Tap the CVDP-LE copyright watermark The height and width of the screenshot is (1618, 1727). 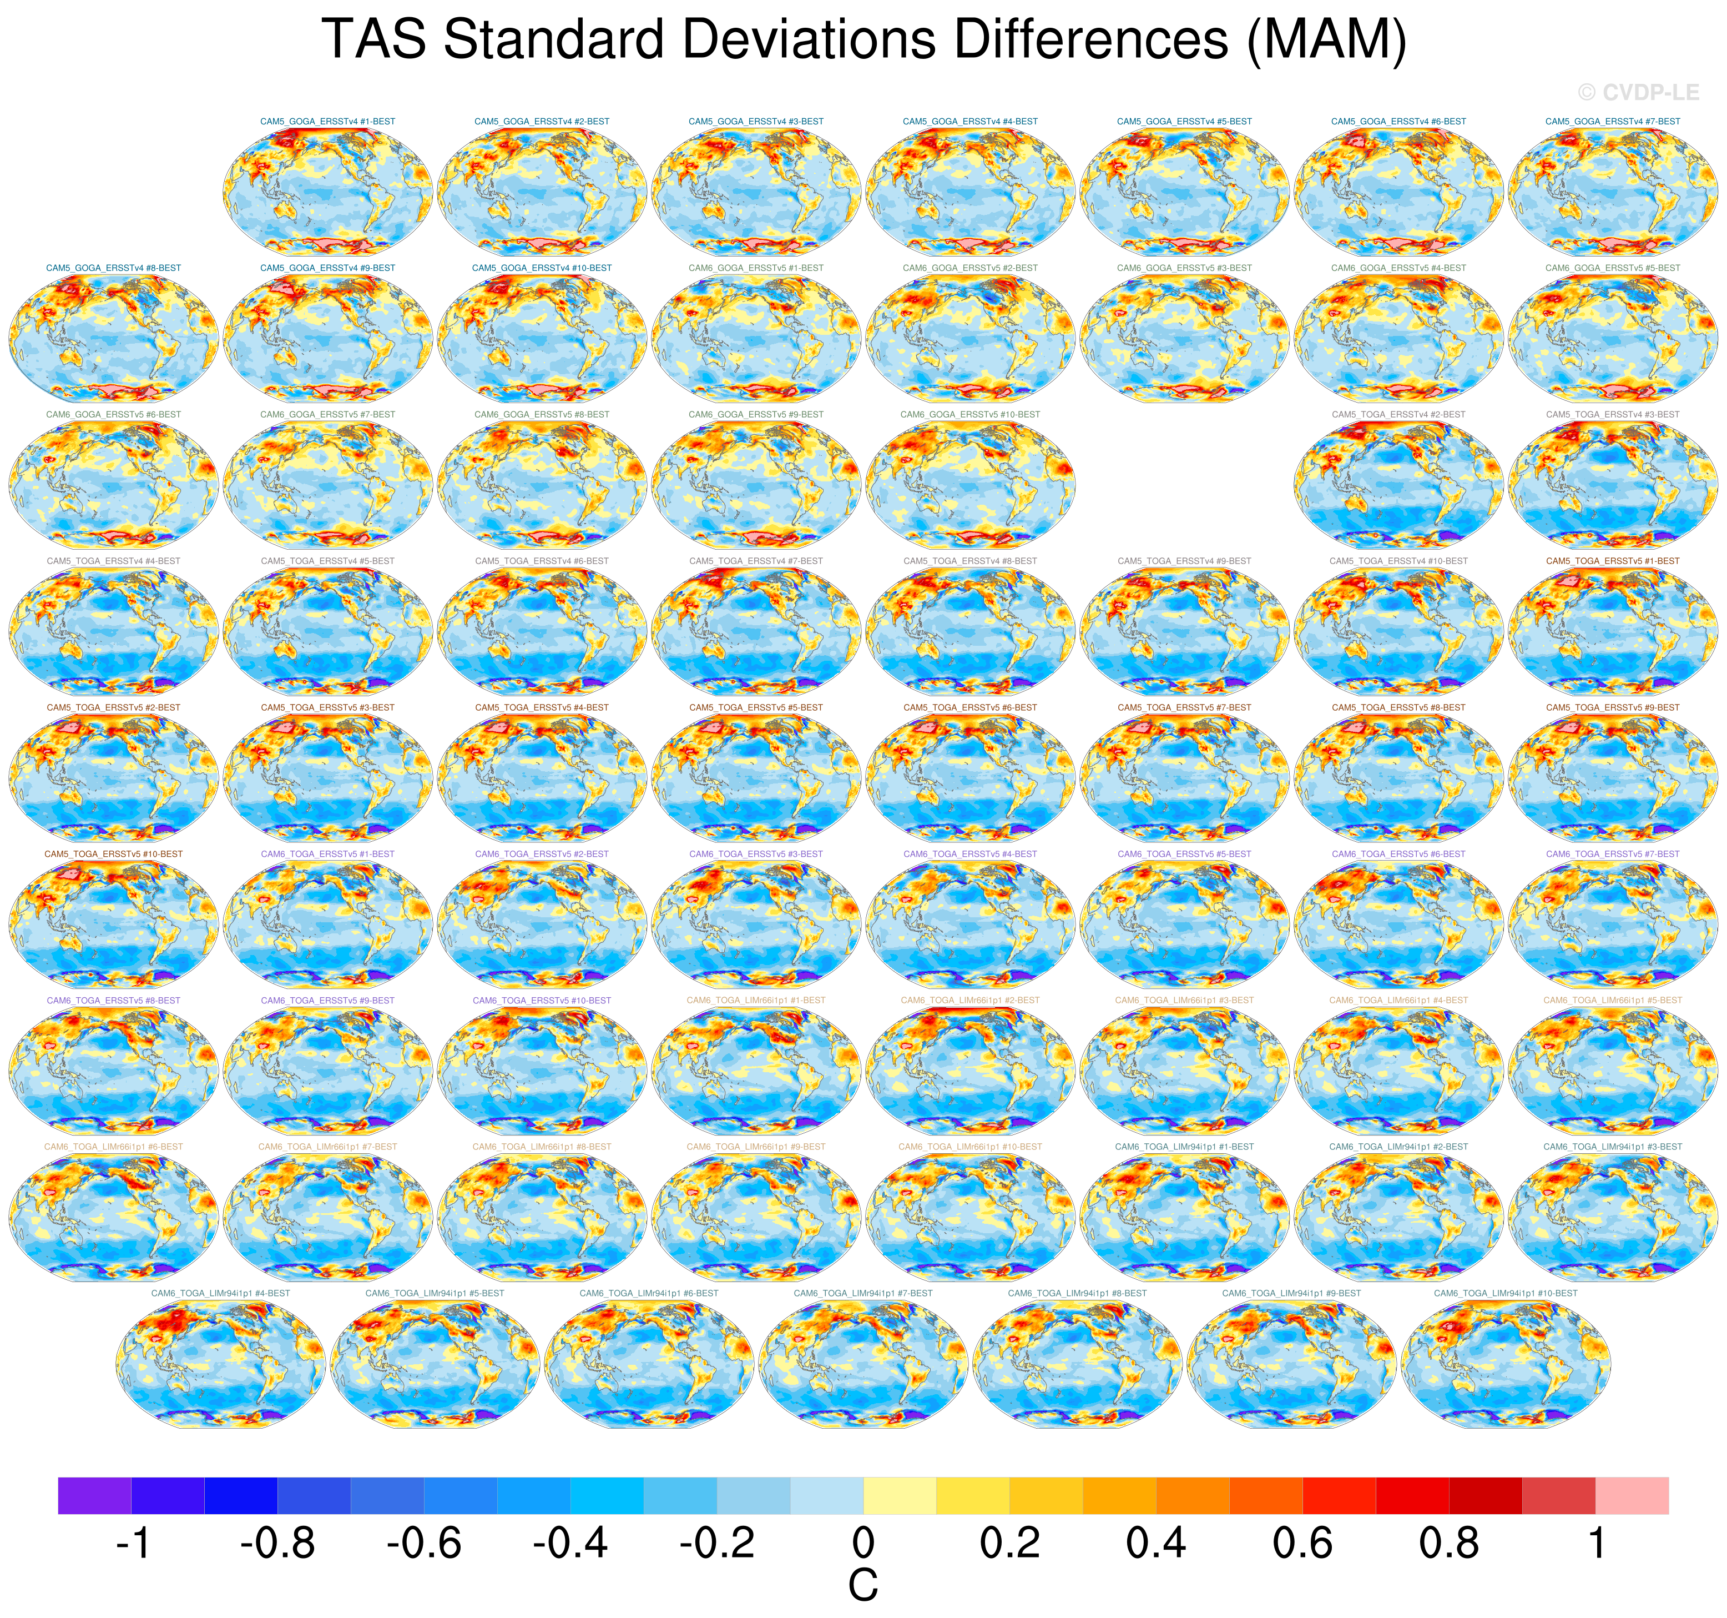coord(1638,92)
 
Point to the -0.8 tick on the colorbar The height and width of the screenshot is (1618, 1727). coord(278,1543)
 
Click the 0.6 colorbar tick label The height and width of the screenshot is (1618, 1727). coord(1302,1543)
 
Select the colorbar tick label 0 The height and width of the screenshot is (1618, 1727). coord(862,1543)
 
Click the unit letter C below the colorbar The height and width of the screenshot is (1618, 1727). coord(862,1586)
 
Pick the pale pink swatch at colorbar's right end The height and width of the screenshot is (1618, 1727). coord(1632,1495)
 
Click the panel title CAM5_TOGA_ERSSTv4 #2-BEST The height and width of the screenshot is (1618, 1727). coord(1398,414)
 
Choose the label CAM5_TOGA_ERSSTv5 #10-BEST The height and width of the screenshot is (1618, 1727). coord(114,854)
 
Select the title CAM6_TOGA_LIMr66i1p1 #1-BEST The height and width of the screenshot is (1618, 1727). coord(756,1000)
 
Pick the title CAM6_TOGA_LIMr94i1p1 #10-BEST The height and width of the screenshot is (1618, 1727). coord(1506,1293)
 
